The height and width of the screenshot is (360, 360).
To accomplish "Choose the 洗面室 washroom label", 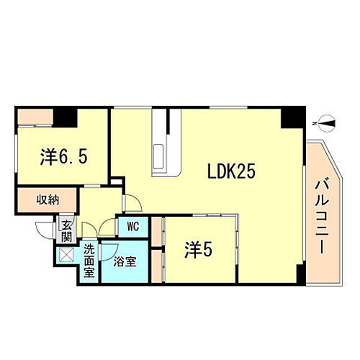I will point(89,260).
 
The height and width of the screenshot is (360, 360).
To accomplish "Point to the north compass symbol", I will point(328,125).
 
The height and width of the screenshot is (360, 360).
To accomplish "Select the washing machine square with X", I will point(66,254).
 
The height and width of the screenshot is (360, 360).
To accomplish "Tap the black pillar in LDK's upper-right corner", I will point(292,117).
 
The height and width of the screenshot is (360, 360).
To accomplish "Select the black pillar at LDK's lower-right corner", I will point(300,274).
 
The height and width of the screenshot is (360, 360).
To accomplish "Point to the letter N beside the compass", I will point(315,125).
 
